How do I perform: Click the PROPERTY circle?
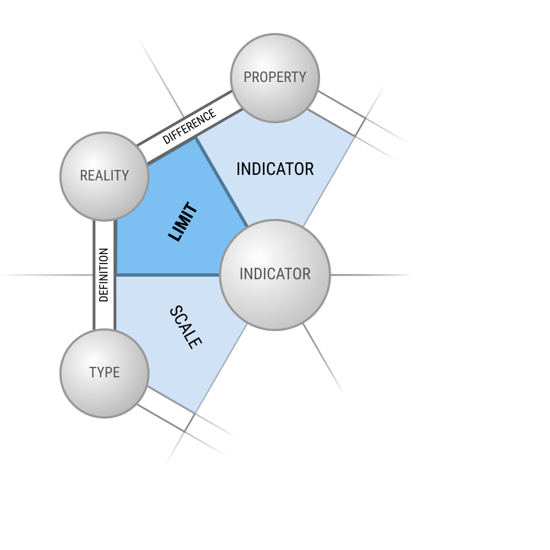274,78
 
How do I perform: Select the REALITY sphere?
105,177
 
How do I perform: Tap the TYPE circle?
105,373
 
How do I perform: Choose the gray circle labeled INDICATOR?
274,275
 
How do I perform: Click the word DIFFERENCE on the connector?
189,127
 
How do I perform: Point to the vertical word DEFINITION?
104,275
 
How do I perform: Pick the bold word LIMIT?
183,222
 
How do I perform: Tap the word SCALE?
185,327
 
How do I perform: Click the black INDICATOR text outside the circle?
275,169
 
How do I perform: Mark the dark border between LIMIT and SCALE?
168,275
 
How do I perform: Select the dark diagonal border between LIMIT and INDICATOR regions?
222,182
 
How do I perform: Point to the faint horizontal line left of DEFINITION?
47,275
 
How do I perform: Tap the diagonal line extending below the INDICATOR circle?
323,358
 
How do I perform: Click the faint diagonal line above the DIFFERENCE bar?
161,77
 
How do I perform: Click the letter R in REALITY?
84,176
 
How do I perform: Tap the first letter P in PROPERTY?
248,77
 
